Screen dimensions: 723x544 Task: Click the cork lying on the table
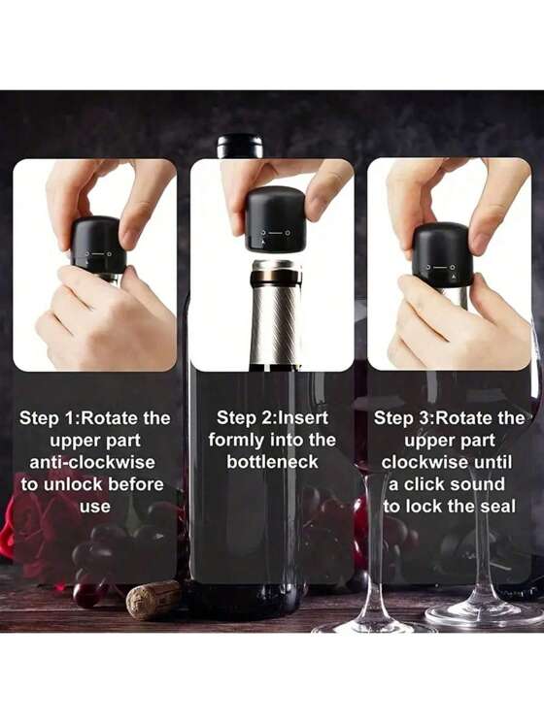(153, 599)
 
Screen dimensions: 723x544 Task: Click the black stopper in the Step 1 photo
(97, 247)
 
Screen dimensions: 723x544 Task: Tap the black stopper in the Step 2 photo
(274, 220)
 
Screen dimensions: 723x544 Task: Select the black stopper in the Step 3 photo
(443, 253)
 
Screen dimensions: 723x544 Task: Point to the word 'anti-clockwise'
(94, 462)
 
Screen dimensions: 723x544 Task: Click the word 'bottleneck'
(272, 462)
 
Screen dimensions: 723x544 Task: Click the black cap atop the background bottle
(239, 147)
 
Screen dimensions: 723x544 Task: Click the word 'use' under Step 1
(95, 506)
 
